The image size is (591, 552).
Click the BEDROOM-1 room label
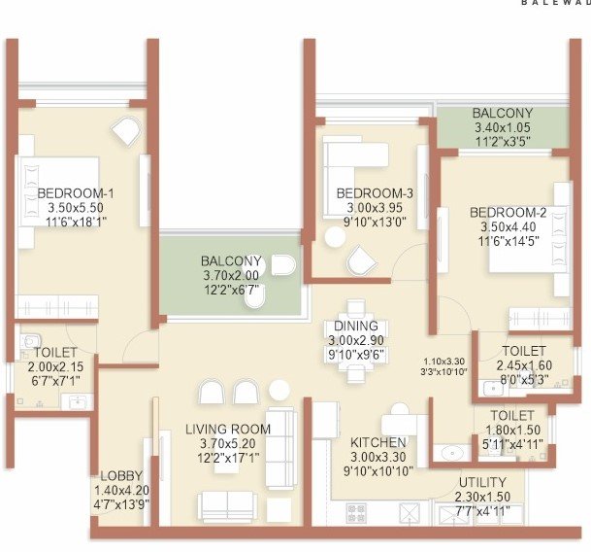69,193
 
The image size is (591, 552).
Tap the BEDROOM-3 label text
375,193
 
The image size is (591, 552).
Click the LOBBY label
121,476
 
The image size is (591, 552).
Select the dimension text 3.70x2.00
231,276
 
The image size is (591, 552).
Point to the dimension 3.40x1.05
503,127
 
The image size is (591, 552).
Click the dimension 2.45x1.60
524,365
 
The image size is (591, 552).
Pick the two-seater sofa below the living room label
226,504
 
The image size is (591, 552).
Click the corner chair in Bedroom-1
125,130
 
